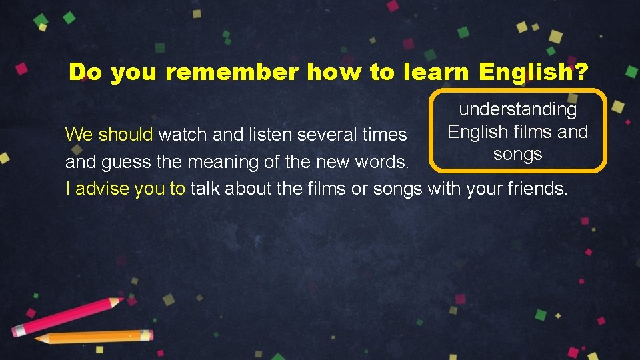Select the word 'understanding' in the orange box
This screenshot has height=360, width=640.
click(x=518, y=109)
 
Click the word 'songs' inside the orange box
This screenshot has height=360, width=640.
click(x=518, y=154)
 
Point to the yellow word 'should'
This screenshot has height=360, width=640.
click(x=126, y=135)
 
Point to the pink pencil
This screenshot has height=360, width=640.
click(x=67, y=317)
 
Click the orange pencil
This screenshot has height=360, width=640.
click(x=93, y=337)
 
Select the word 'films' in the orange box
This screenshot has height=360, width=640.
click(x=531, y=131)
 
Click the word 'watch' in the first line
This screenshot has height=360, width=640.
click(x=183, y=135)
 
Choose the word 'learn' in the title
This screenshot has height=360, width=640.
click(x=433, y=72)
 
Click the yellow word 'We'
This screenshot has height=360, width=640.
click(x=79, y=135)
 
